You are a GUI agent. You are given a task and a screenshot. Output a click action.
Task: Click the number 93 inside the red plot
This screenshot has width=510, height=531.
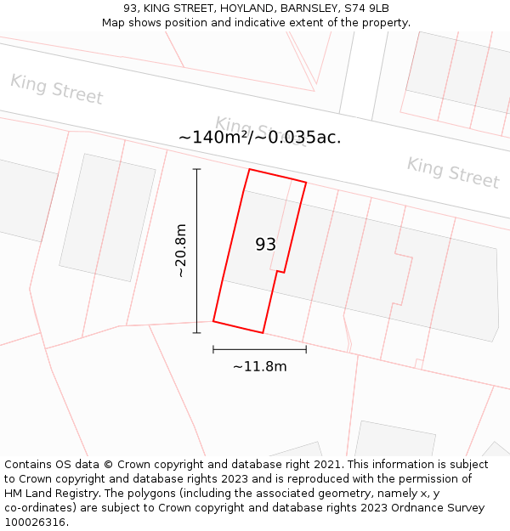pos(265,245)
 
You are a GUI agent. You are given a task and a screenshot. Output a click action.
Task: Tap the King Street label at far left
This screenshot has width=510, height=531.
pos(56,89)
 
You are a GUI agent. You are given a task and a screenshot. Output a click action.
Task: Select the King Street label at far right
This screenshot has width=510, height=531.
pos(452,172)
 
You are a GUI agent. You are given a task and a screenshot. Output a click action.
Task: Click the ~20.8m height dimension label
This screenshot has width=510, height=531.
pos(180,251)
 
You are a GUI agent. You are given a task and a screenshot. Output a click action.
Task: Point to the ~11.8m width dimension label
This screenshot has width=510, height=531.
pos(259,366)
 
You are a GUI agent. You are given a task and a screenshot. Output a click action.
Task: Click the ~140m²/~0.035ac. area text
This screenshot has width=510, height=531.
pos(259,137)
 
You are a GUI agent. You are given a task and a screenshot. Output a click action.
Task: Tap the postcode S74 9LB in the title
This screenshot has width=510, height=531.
pos(365,8)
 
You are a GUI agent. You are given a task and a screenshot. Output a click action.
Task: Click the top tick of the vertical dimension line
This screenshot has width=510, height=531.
pos(197,169)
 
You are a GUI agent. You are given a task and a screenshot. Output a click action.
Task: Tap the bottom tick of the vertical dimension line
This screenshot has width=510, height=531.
pos(197,332)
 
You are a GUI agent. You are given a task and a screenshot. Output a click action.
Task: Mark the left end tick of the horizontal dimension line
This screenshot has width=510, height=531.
pos(213,349)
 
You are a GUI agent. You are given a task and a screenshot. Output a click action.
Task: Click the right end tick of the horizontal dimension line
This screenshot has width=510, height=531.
pos(306,349)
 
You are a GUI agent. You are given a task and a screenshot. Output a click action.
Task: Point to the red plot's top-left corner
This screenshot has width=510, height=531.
pos(249,169)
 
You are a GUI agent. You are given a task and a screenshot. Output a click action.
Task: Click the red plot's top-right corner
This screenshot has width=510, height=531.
pos(306,183)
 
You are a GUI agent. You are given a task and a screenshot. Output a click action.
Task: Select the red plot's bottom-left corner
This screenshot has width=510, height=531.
pos(213,321)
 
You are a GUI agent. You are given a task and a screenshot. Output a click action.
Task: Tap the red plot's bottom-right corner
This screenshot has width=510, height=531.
pos(263,332)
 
